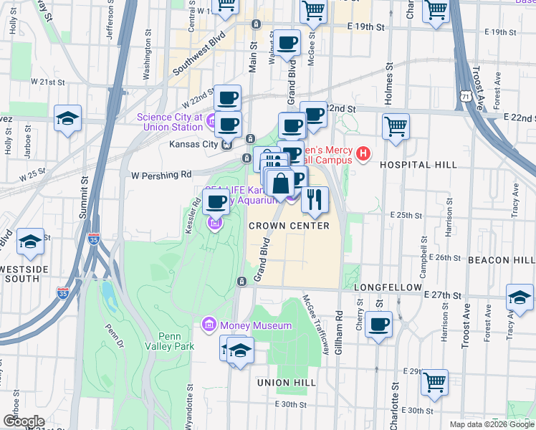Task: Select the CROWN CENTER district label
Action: [289, 226]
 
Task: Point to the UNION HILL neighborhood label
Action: [287, 383]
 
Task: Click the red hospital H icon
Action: [364, 153]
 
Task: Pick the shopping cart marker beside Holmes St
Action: [396, 127]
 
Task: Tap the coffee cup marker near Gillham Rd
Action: [378, 324]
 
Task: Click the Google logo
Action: [24, 421]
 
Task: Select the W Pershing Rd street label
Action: [161, 174]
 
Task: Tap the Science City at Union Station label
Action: [171, 122]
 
